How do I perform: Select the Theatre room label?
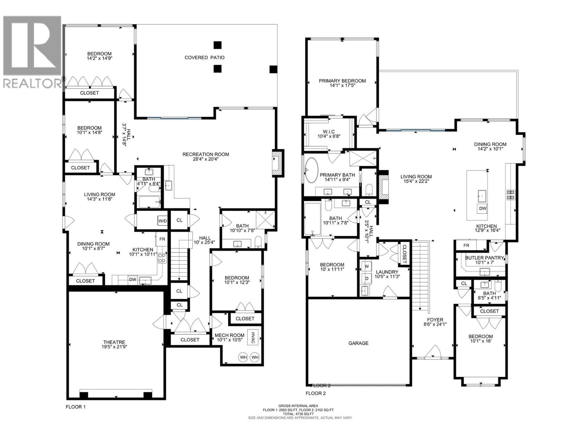coord(114,342)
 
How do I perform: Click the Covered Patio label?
coord(204,57)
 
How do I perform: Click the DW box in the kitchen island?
coord(482,208)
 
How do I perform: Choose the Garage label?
coord(358,343)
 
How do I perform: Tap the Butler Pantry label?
coord(485,258)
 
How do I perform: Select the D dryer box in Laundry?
coord(366,278)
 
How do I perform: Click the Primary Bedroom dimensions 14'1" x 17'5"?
coord(342,86)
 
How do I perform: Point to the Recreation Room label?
coord(206,154)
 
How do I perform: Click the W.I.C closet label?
coord(329,131)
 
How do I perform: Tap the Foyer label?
coord(435,320)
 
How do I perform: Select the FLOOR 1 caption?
coord(76,407)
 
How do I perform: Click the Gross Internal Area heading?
coord(298,406)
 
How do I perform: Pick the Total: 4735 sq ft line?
coord(298,414)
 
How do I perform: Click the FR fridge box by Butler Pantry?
coord(466,245)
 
